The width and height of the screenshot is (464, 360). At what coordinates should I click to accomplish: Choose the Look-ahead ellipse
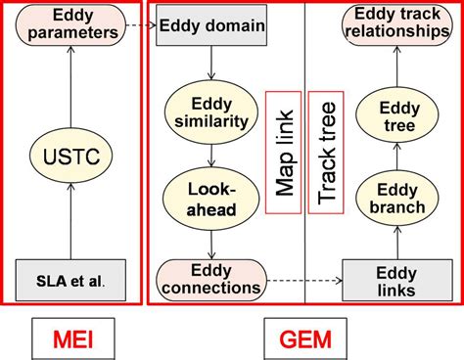tap(209, 196)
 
